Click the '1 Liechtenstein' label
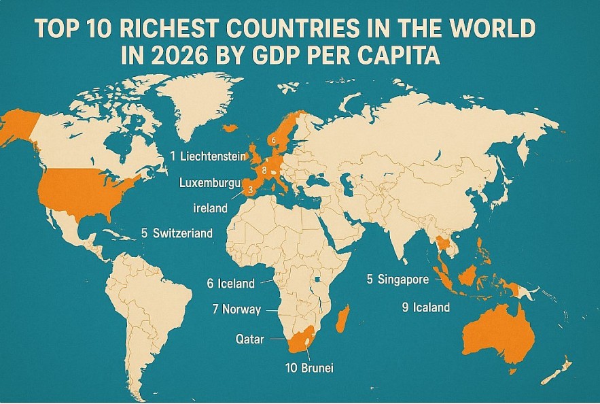pyautogui.click(x=208, y=156)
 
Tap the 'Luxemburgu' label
pyautogui.click(x=211, y=182)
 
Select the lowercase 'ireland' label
pyautogui.click(x=209, y=207)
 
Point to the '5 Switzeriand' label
pyautogui.click(x=177, y=233)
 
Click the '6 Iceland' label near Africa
pyautogui.click(x=230, y=284)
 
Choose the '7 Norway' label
pyautogui.click(x=236, y=309)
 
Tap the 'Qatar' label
pyautogui.click(x=249, y=339)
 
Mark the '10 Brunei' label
pyautogui.click(x=310, y=368)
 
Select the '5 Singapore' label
pyautogui.click(x=398, y=280)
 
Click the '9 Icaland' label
pyautogui.click(x=425, y=307)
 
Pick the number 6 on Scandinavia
pyautogui.click(x=273, y=140)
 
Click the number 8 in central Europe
pyautogui.click(x=264, y=170)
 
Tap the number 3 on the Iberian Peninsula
pyautogui.click(x=250, y=190)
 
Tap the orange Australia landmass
pyautogui.click(x=496, y=333)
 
